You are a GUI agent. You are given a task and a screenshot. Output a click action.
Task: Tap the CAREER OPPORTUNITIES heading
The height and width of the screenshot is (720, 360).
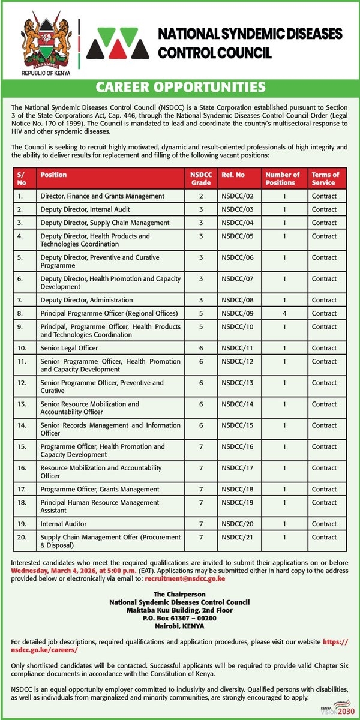(180, 88)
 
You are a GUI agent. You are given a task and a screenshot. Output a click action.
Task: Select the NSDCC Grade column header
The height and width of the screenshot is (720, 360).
(201, 178)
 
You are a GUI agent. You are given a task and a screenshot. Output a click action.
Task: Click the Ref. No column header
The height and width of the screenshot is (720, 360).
(233, 175)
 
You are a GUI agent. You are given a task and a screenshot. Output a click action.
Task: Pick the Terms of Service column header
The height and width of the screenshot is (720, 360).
(325, 178)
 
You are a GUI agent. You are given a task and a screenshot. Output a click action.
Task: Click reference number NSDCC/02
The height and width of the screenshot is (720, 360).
(238, 196)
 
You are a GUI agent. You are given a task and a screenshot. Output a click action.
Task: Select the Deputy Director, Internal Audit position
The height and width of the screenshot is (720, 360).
(85, 209)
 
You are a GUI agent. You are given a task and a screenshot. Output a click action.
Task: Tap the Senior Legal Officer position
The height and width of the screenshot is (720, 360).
(69, 348)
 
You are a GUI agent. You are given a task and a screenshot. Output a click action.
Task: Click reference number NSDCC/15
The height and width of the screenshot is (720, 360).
(238, 425)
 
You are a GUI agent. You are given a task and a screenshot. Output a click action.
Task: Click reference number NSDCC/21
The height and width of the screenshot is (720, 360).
(238, 538)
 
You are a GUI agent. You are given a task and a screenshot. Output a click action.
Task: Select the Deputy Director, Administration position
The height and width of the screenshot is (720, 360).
(86, 300)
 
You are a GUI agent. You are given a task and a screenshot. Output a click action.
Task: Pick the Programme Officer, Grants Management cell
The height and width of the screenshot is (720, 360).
(100, 490)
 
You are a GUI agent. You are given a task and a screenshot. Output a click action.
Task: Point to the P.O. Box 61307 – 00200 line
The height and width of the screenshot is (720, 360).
(179, 617)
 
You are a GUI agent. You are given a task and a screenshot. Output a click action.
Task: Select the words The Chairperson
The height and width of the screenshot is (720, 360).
(179, 594)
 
